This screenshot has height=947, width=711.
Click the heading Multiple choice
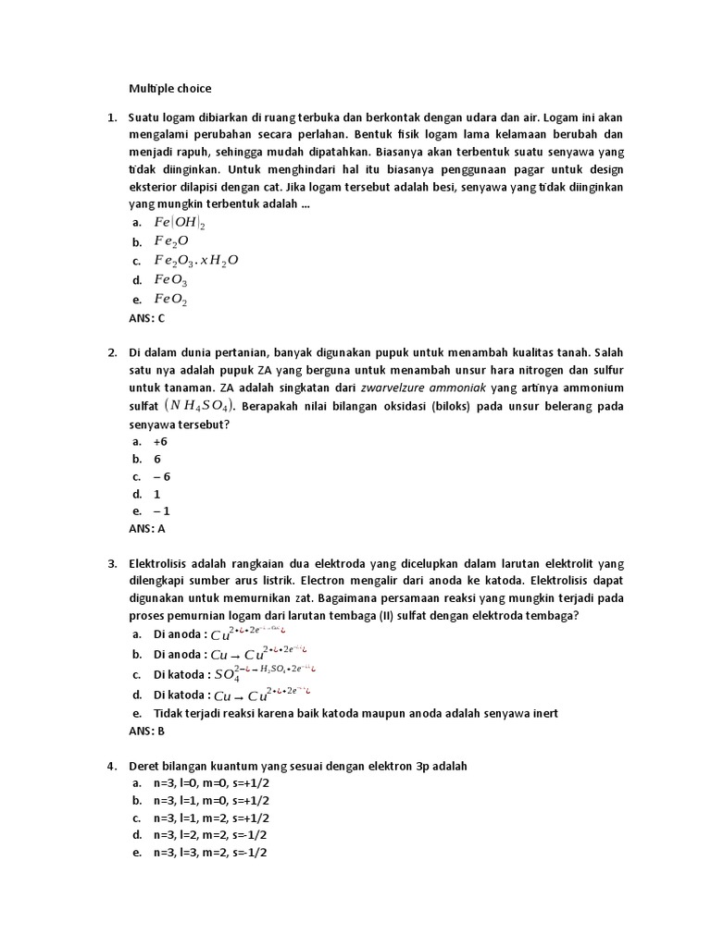(170, 89)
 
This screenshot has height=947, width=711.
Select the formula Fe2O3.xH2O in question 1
(195, 260)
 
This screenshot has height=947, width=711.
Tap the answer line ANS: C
(146, 318)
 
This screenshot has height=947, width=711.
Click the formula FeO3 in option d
(171, 280)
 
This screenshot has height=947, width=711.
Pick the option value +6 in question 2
(160, 442)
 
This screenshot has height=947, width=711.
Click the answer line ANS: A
(146, 529)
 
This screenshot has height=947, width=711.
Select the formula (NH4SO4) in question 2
(200, 406)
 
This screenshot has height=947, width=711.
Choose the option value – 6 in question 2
(162, 476)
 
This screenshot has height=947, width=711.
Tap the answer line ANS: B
(146, 731)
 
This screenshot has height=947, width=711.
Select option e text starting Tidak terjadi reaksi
(355, 713)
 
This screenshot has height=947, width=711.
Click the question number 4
(111, 766)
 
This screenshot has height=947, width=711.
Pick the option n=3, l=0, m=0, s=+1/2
(211, 783)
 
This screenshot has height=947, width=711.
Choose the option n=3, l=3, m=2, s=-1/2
(211, 853)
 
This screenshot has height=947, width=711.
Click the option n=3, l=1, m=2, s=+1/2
(211, 818)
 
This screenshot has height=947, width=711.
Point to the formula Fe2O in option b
(170, 241)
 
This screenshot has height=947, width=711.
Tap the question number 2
(111, 353)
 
